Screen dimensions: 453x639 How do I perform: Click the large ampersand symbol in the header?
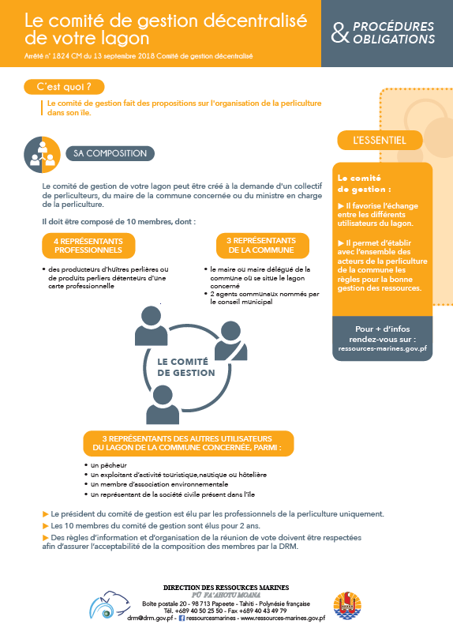pyautogui.click(x=340, y=33)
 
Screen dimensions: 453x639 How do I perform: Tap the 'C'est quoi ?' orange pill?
pyautogui.click(x=64, y=87)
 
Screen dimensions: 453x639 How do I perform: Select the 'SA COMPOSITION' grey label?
pyautogui.click(x=110, y=153)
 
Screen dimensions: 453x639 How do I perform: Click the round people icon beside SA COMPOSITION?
pyautogui.click(x=43, y=155)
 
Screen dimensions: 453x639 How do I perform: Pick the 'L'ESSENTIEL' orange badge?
pyautogui.click(x=380, y=140)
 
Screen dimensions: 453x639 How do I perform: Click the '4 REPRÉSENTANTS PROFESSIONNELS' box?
pyautogui.click(x=88, y=246)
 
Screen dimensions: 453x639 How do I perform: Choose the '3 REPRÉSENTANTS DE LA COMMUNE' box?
pyautogui.click(x=262, y=246)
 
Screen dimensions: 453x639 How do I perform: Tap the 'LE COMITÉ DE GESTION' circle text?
pyautogui.click(x=186, y=367)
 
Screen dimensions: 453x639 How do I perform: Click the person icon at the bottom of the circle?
pyautogui.click(x=163, y=404)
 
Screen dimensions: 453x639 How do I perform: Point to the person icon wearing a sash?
pyautogui.click(x=230, y=341)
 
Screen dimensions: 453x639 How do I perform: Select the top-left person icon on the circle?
pyautogui.click(x=151, y=326)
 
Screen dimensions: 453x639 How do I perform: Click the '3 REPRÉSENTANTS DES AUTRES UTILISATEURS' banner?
pyautogui.click(x=188, y=443)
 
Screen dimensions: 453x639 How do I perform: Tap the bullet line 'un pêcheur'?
pyautogui.click(x=106, y=465)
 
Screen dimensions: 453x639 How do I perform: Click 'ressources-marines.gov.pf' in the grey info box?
pyautogui.click(x=382, y=348)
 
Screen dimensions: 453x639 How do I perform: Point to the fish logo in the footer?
pyautogui.click(x=110, y=605)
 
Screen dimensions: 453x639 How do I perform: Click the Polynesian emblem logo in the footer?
pyautogui.click(x=347, y=606)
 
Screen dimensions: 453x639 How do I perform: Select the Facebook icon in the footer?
pyautogui.click(x=182, y=618)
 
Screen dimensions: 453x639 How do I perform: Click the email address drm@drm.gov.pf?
pyautogui.click(x=151, y=618)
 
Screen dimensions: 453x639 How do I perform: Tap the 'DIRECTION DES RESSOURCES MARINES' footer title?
pyautogui.click(x=226, y=588)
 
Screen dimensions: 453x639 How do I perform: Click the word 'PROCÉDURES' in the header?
pyautogui.click(x=394, y=27)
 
